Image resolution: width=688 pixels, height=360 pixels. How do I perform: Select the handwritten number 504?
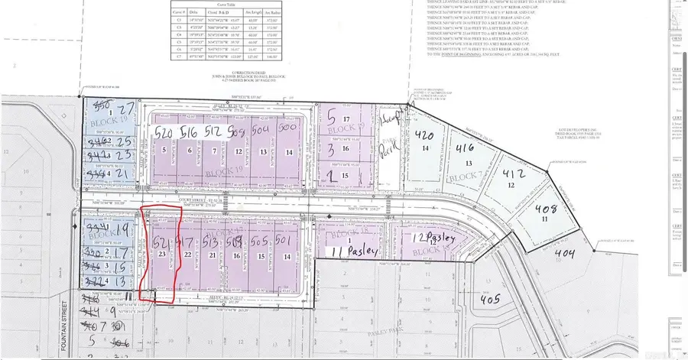point(263,132)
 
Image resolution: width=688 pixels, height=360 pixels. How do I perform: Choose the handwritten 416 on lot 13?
point(466,149)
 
